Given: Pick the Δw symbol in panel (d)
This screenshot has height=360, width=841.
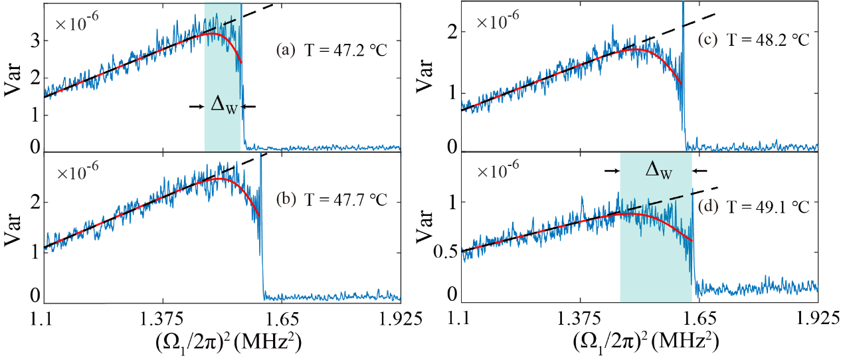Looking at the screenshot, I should point(657,171).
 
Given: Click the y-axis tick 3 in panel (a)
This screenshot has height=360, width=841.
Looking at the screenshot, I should point(37,40).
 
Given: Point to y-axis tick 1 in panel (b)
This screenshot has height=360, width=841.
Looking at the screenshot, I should point(37,247).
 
